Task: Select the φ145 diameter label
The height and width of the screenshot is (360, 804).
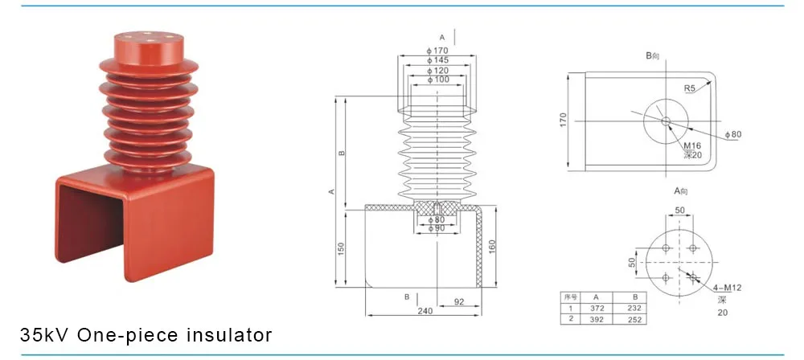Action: [x=438, y=61]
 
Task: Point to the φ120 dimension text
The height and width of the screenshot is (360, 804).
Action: [x=438, y=71]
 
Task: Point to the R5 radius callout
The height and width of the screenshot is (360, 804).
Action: [x=690, y=88]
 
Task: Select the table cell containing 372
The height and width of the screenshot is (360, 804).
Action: [x=596, y=307]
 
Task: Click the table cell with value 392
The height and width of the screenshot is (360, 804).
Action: [x=596, y=318]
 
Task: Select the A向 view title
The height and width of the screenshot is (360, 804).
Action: [x=682, y=191]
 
